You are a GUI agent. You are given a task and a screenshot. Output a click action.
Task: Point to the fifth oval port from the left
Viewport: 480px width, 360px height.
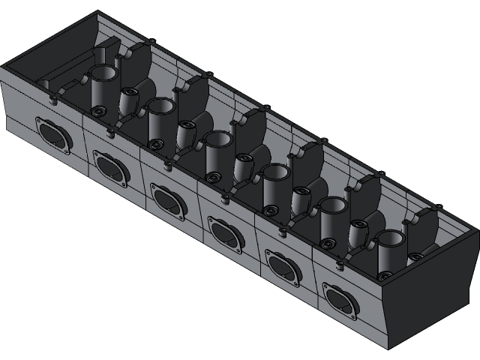(283, 267)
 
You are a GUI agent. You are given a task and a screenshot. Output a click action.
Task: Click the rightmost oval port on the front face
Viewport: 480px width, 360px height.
(342, 300)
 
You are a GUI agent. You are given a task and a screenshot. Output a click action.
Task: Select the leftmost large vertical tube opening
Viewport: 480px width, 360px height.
(103, 73)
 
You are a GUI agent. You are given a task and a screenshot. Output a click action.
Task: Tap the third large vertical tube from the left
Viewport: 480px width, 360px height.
(217, 139)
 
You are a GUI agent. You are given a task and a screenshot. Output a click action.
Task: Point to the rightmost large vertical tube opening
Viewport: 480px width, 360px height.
(390, 239)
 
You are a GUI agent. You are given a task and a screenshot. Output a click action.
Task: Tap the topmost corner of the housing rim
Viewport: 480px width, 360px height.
(98, 12)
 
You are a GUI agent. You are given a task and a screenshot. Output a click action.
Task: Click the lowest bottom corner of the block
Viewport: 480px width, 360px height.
(388, 349)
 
